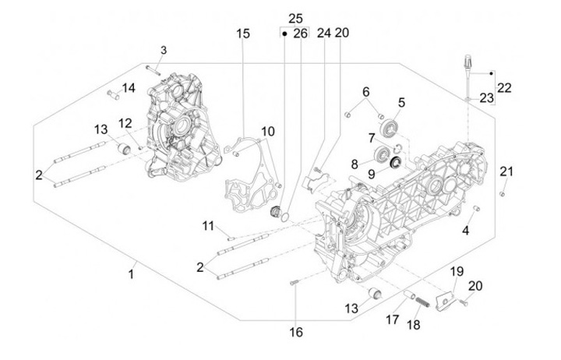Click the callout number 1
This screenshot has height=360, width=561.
(131, 274)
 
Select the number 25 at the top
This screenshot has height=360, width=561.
(295, 18)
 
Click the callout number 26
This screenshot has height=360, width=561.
(301, 34)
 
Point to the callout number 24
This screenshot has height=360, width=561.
(323, 34)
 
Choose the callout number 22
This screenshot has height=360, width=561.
(504, 88)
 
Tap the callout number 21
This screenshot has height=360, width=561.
(506, 171)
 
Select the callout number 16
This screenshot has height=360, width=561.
(295, 332)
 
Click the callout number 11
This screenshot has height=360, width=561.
(208, 225)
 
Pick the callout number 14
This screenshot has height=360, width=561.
(129, 88)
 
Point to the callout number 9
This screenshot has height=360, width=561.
(371, 175)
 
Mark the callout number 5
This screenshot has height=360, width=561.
(401, 101)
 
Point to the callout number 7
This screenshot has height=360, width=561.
(371, 138)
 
